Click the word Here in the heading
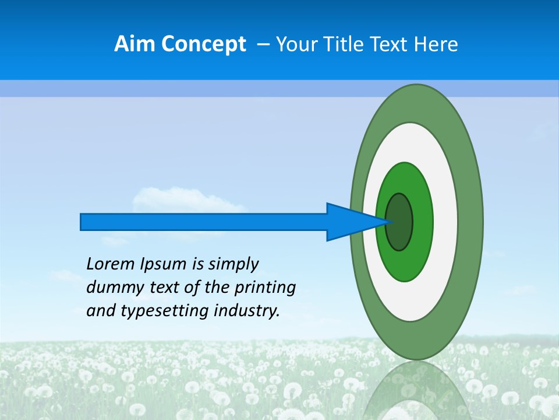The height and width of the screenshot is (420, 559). pos(436,44)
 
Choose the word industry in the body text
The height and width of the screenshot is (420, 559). pos(247,311)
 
